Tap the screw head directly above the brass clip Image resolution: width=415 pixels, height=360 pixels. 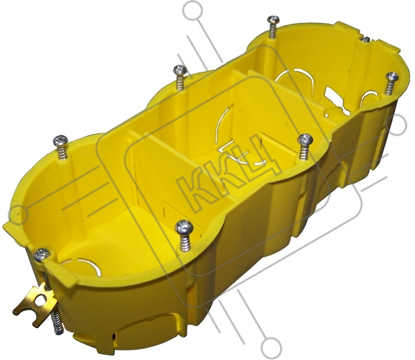tap(42, 254)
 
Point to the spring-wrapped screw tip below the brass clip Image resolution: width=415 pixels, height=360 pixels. tap(57, 323)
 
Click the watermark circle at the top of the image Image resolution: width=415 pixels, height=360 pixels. tap(193, 11)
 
